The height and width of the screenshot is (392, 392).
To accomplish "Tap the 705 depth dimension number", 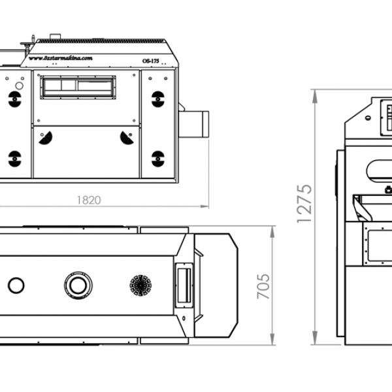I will coord(263,286).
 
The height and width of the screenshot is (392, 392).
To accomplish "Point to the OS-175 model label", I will coord(150,61).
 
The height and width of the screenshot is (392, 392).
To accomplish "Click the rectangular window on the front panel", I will coord(77,87).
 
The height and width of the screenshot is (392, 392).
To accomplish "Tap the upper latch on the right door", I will coord(157,98).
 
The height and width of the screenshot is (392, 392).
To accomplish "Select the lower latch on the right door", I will coord(157,158).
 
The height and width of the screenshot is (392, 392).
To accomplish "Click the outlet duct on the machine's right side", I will coord(194,124).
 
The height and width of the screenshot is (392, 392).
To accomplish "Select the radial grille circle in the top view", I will coord(140,285).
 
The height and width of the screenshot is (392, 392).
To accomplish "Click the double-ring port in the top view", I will coord(78,284).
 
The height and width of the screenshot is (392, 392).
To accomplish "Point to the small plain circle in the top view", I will coord(16,285).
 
